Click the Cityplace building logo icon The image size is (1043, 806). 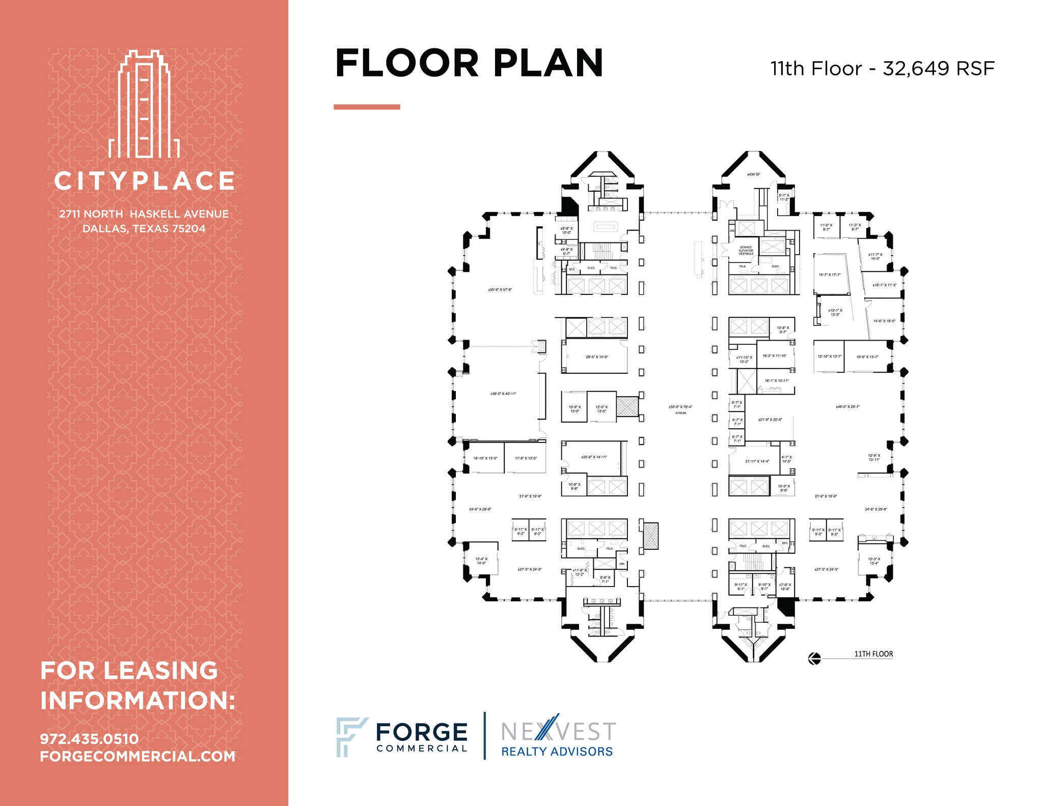(x=144, y=104)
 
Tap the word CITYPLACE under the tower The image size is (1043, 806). (x=144, y=181)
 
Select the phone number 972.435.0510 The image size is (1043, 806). (x=89, y=739)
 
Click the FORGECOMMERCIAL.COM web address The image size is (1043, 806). (x=138, y=757)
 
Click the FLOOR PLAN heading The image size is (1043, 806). (x=469, y=64)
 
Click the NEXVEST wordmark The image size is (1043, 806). (x=558, y=732)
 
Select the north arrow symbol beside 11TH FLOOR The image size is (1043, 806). (x=814, y=659)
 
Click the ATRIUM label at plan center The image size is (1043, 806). (x=680, y=413)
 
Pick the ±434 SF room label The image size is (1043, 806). (x=753, y=175)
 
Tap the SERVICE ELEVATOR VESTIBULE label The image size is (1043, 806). (x=746, y=251)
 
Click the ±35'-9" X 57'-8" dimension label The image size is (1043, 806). (x=500, y=290)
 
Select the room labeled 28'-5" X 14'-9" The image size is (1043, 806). (x=596, y=357)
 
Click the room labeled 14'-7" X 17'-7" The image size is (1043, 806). (x=830, y=275)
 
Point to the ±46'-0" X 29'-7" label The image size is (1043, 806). (x=847, y=407)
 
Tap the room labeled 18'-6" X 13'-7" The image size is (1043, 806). (x=867, y=357)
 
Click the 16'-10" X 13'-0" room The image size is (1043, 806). (x=485, y=458)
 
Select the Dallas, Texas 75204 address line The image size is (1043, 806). (x=144, y=229)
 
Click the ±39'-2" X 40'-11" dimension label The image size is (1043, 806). (x=503, y=394)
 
